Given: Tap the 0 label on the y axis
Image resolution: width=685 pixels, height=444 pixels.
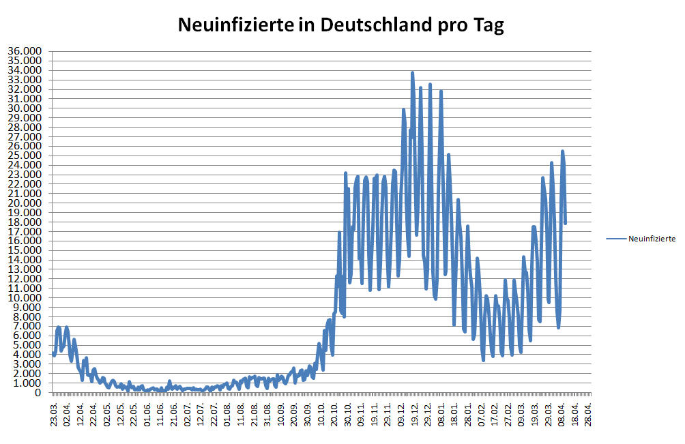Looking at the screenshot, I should coord(39,393).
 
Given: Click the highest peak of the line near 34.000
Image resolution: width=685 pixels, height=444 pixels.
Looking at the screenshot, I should coord(413,72).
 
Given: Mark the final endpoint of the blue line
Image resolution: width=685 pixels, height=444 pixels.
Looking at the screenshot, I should coord(566,222).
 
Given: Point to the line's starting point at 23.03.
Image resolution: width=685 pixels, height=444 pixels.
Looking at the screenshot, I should coord(54,353).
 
